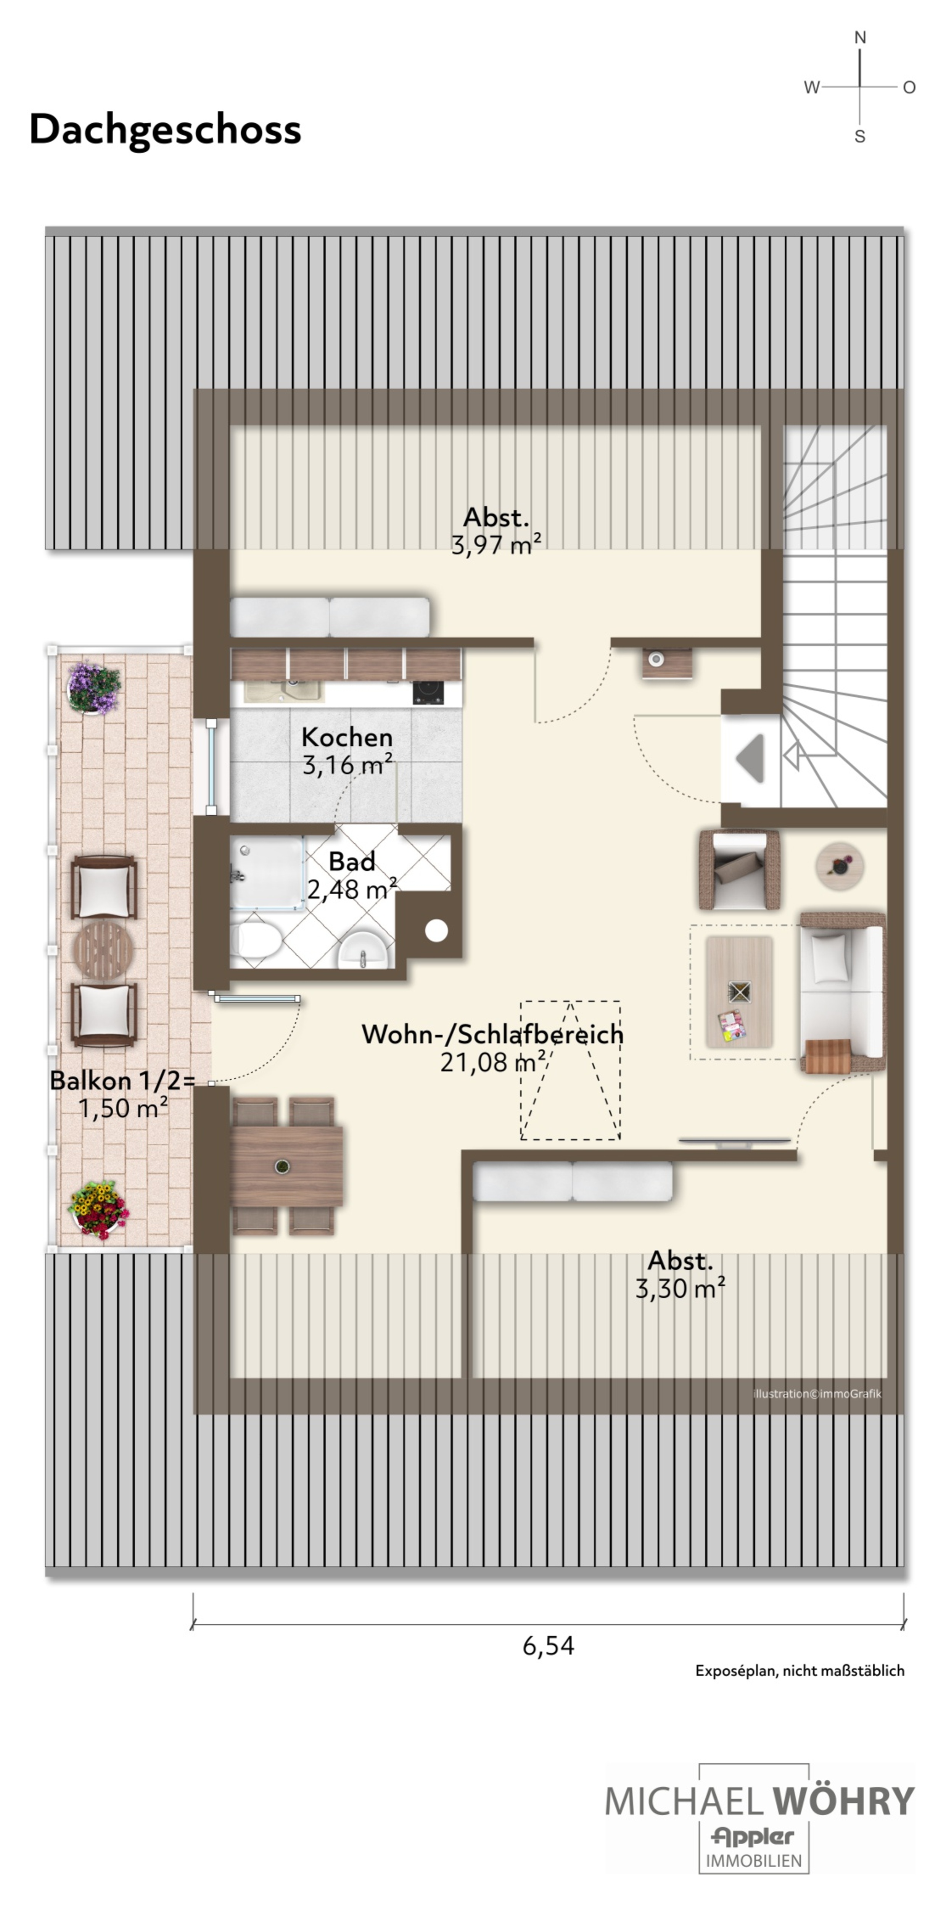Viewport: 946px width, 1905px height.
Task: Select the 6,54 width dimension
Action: click(548, 1645)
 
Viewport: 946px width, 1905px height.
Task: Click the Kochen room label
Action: click(347, 737)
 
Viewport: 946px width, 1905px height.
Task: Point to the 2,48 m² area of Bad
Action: click(352, 889)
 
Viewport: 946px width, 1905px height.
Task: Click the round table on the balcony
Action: click(103, 950)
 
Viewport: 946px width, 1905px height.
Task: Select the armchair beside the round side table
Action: click(740, 869)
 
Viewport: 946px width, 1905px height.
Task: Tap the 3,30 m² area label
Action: click(680, 1289)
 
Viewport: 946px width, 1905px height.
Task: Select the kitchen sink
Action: click(285, 690)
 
